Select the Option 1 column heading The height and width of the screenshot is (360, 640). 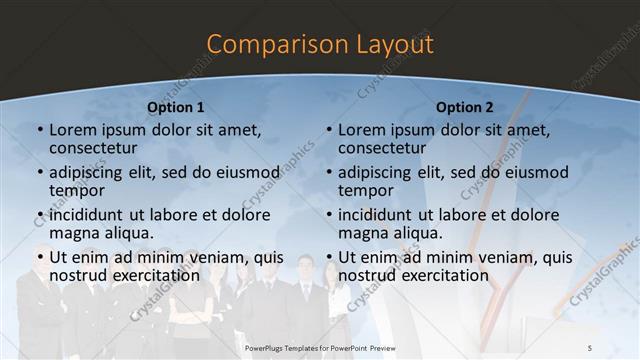175,107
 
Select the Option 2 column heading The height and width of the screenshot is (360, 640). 465,107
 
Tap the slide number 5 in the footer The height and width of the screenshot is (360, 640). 589,346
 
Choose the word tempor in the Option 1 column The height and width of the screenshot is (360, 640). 77,190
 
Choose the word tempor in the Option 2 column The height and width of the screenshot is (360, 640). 365,190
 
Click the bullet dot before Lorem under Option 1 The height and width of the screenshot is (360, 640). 40,130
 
